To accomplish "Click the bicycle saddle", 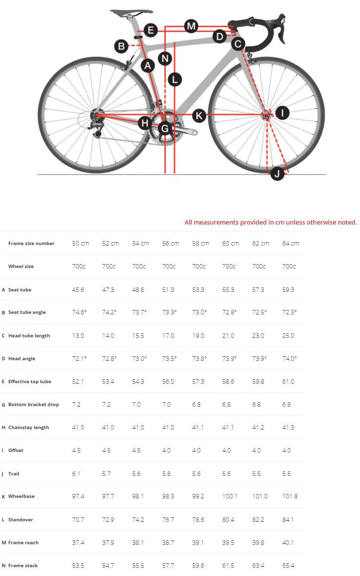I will point(130,12).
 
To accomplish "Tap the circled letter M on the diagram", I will point(191,26).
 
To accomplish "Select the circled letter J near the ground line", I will point(277,173).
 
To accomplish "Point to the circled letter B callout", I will point(121,46).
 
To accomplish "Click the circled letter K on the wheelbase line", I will point(198,116).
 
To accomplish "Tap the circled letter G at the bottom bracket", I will point(165,129).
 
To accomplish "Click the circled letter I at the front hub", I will point(282,113).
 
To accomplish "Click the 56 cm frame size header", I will point(170,243).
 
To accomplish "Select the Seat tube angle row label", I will point(27,312).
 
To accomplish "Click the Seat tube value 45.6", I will point(78,289).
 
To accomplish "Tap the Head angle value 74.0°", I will point(290,358).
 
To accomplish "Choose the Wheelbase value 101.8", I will point(290,496).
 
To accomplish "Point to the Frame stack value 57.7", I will point(169,565).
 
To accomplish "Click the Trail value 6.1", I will point(76,473).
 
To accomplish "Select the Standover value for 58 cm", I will point(198,519).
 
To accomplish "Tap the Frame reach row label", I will point(23,542).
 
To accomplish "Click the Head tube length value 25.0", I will point(289,335).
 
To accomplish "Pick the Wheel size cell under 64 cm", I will point(289,266).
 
